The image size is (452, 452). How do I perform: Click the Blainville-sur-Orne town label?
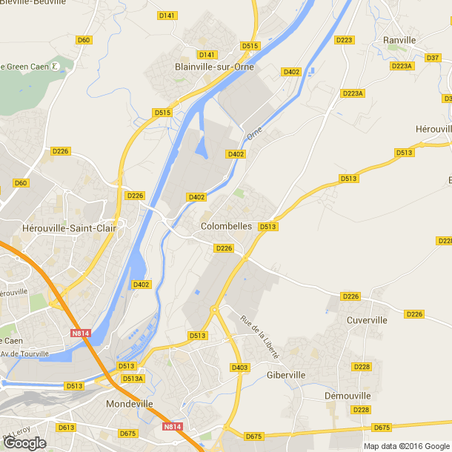(x=213, y=67)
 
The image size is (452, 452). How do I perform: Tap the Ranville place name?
(x=400, y=40)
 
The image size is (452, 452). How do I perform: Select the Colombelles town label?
(x=227, y=226)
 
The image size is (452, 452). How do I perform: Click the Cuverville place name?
(x=367, y=320)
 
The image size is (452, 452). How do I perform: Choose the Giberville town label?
(x=285, y=375)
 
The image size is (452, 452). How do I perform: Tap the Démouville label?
(x=347, y=396)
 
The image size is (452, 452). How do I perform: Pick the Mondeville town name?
(x=130, y=404)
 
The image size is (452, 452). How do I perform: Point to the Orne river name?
(x=254, y=133)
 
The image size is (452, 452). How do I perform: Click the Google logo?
(x=24, y=443)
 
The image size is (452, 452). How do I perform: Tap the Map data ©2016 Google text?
(x=406, y=446)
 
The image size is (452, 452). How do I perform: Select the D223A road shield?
(x=402, y=66)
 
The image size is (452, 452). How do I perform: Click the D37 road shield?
(x=433, y=57)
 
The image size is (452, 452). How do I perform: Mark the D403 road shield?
(x=239, y=368)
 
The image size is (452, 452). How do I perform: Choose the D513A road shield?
(x=133, y=379)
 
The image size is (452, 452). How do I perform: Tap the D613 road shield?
(x=66, y=428)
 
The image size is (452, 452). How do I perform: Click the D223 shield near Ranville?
(x=344, y=40)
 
